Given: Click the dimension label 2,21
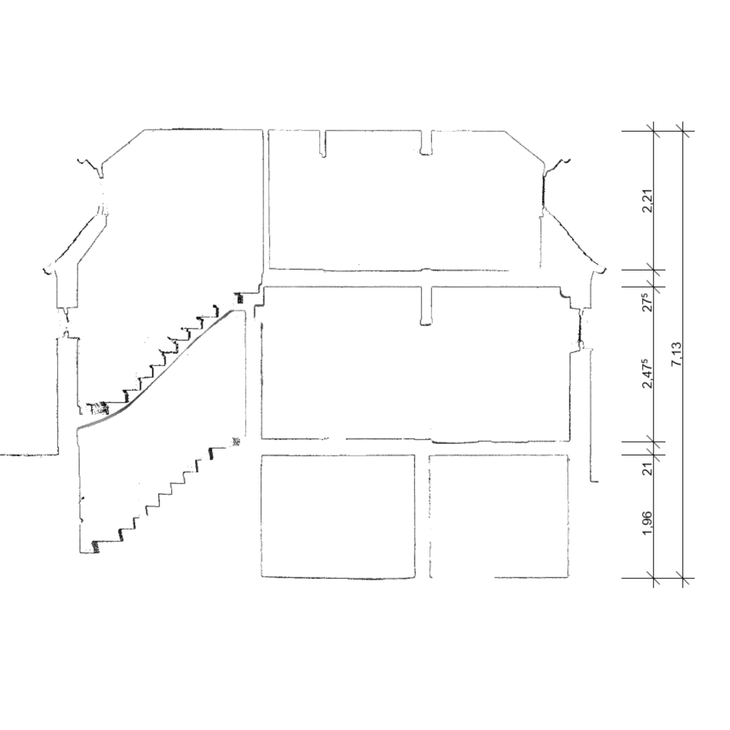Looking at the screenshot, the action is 648,200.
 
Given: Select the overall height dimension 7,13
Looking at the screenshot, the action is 677,354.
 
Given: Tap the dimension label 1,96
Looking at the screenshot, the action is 648,523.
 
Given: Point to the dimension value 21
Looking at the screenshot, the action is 648,468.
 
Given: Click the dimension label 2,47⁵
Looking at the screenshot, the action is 647,373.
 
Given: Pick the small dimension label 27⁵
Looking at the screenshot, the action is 647,301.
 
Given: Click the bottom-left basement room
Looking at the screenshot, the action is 338,516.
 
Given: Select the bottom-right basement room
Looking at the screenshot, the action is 499,516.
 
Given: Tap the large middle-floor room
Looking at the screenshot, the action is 415,363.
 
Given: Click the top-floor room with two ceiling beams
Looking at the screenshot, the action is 405,200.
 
